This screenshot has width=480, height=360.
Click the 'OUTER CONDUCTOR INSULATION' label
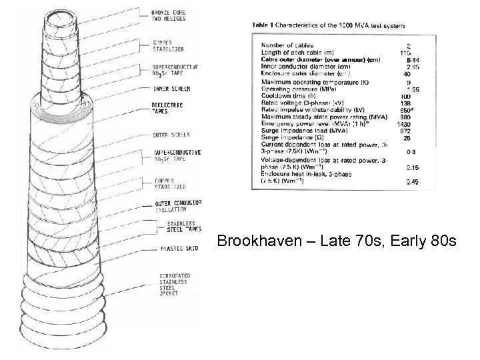point(178,205)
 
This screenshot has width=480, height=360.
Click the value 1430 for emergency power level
point(404,124)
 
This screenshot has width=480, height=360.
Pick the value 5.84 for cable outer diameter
point(404,60)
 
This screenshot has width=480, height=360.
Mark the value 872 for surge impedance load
point(405,131)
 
